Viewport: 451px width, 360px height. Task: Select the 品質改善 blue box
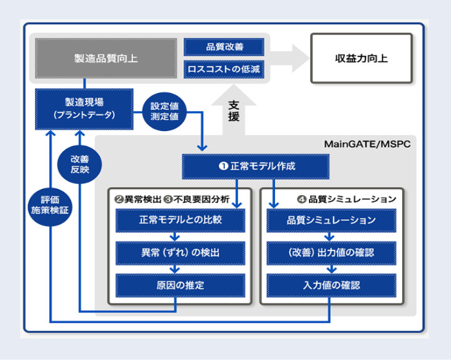pyautogui.click(x=224, y=47)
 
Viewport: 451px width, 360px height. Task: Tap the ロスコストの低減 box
pyautogui.click(x=224, y=70)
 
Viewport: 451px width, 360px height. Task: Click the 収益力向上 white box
pyautogui.click(x=361, y=59)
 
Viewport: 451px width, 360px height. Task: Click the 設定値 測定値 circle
pyautogui.click(x=163, y=110)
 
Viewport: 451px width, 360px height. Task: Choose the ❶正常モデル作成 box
pyautogui.click(x=255, y=167)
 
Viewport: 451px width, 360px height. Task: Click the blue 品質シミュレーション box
pyautogui.click(x=331, y=221)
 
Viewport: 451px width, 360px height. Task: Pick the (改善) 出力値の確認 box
pyautogui.click(x=331, y=252)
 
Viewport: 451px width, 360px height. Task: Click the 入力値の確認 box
pyautogui.click(x=331, y=285)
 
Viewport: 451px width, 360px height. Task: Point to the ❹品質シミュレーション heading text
pyautogui.click(x=345, y=199)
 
